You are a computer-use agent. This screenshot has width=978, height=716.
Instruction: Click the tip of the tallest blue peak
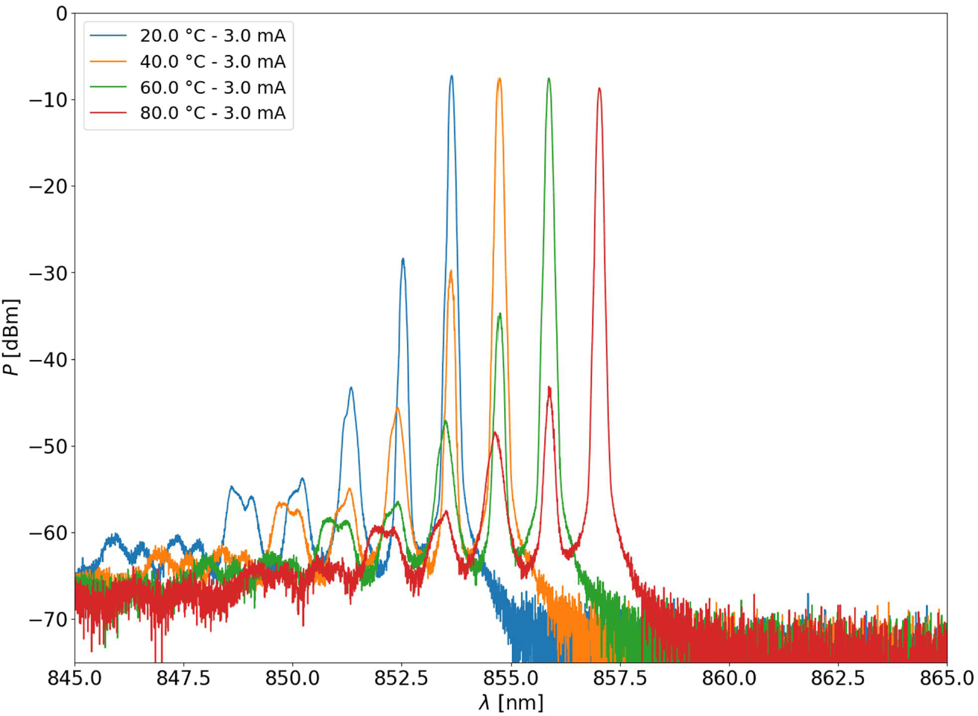pos(451,76)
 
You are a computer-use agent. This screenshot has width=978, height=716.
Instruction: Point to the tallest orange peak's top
pos(499,78)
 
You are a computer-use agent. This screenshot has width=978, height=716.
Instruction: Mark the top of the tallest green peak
pos(549,78)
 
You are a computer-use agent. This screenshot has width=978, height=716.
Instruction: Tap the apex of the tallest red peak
pos(599,89)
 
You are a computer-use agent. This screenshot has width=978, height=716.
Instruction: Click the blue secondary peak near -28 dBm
pos(403,259)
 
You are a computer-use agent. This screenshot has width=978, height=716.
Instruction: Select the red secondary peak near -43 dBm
pos(549,387)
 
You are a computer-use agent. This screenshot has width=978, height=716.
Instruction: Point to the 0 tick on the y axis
pos(60,13)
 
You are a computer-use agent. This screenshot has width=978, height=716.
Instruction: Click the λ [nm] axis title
pos(511,703)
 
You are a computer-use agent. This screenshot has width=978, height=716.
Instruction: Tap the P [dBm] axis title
pos(12,337)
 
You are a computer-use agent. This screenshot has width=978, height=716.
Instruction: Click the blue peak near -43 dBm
pos(350,388)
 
